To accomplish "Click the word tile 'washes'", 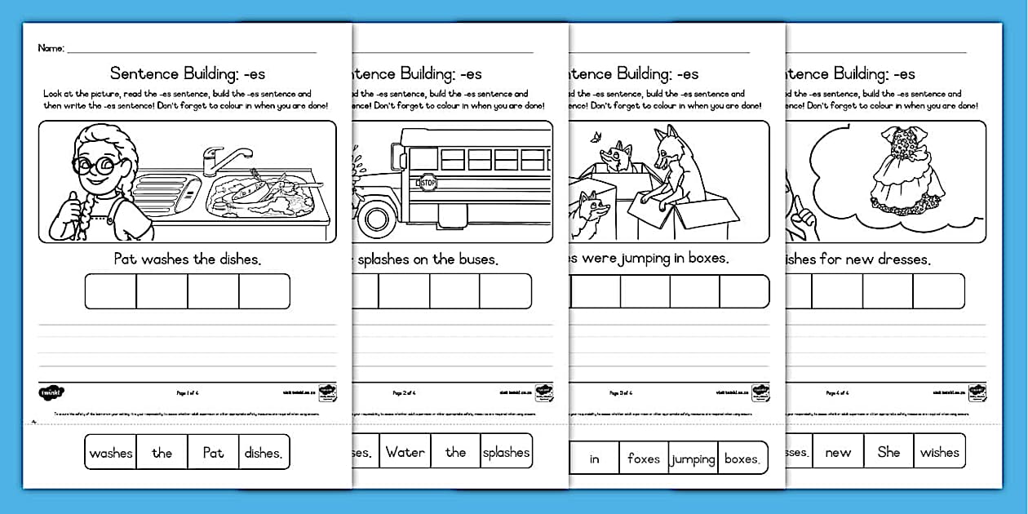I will click(111, 453).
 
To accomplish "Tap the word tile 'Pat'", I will click(213, 453).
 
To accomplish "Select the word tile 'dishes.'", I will click(264, 453).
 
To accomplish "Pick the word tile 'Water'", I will click(405, 452).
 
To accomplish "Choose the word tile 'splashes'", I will click(506, 452).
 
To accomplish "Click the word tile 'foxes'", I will click(644, 459).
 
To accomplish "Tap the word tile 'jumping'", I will click(693, 459).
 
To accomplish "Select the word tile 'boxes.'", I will click(742, 459).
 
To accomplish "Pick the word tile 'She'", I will click(888, 452).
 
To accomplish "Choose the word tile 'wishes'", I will click(940, 452).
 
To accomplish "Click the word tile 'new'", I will click(838, 452).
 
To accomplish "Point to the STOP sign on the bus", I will click(428, 184).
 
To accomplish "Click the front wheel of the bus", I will click(378, 219).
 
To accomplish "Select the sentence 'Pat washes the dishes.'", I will click(188, 259).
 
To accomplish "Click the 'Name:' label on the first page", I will click(51, 48).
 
